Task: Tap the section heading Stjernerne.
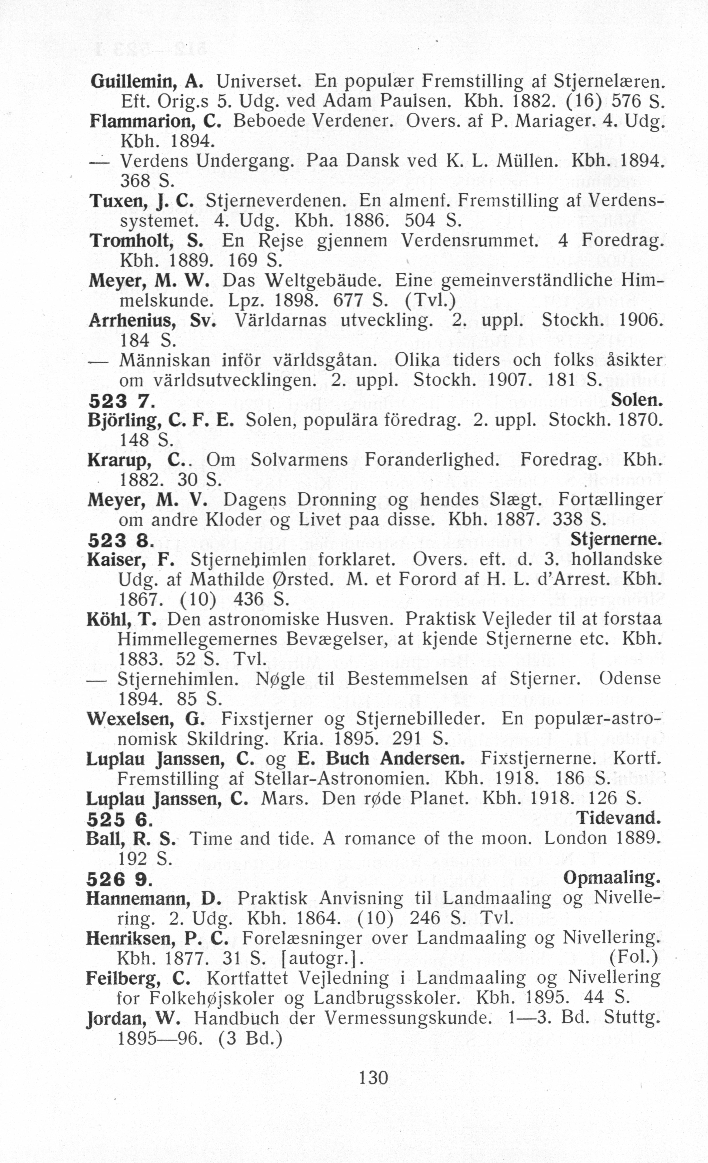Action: (616, 539)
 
